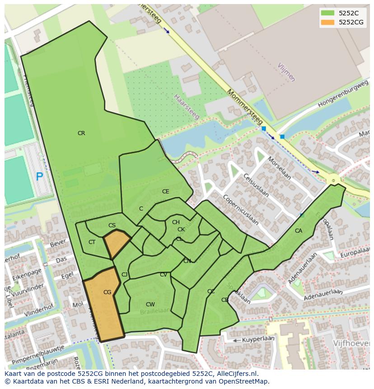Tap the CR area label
click(81, 133)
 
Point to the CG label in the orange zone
click(107, 292)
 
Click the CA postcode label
click(299, 231)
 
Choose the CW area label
click(150, 305)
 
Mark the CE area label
click(166, 192)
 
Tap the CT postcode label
click(92, 242)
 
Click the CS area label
click(112, 225)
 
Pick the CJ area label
click(124, 275)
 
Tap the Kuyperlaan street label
click(258, 338)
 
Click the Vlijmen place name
click(286, 72)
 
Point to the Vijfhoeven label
click(351, 343)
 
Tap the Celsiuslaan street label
click(256, 185)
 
